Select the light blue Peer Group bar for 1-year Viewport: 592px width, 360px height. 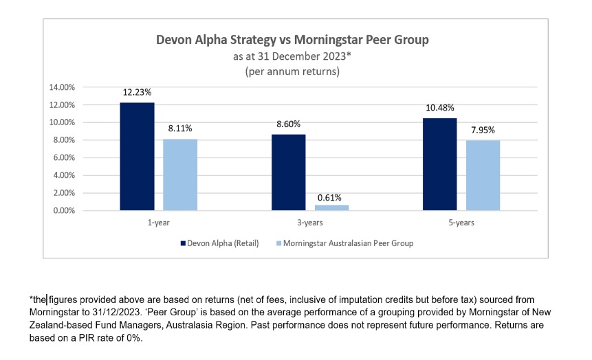click(180, 175)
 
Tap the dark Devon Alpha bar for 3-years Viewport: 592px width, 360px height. click(289, 172)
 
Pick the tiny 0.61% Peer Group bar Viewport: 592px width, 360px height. click(332, 207)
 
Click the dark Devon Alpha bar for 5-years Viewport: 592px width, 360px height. click(440, 164)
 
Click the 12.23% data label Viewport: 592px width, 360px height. click(137, 93)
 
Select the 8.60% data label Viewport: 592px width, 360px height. click(289, 124)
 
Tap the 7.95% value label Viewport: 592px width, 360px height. click(483, 130)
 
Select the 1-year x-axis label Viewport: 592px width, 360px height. click(158, 223)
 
